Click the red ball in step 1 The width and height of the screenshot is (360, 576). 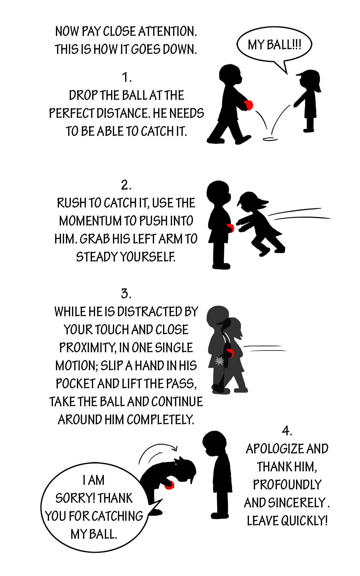(249, 105)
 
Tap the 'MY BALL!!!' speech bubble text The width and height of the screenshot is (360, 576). (274, 45)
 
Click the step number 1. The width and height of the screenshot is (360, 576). (126, 77)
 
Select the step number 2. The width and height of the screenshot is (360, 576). (126, 185)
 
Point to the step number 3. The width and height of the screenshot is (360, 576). (126, 293)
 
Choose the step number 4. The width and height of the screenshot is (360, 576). (287, 431)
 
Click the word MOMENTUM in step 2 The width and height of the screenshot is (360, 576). (90, 221)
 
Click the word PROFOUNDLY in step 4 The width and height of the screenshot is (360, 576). (287, 484)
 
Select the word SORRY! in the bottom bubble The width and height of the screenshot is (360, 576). (74, 498)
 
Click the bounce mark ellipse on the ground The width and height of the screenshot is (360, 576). (270, 139)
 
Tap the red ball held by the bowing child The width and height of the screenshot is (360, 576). (169, 485)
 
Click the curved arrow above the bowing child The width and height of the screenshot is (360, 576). (157, 445)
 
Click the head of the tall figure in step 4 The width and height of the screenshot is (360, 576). (214, 444)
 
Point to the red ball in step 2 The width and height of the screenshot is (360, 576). (231, 228)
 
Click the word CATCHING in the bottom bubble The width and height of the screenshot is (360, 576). (117, 516)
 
